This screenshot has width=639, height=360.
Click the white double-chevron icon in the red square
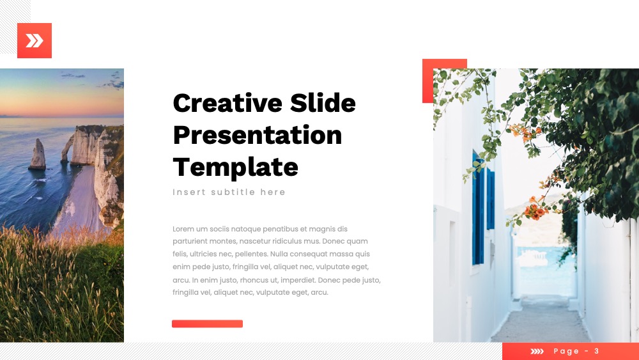point(35,41)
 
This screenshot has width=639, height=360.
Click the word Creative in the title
point(227,103)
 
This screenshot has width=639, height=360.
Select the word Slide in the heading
point(323,102)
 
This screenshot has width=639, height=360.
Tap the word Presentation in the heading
point(258,135)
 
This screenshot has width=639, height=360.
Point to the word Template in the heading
point(236,168)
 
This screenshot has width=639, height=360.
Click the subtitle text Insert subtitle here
point(229,192)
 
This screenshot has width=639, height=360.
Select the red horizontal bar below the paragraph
point(208,324)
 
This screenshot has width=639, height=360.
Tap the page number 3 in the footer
point(597,351)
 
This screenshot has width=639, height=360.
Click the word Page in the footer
point(566,352)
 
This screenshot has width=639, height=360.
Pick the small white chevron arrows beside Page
point(537,352)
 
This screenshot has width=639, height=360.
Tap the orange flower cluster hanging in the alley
point(535,211)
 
